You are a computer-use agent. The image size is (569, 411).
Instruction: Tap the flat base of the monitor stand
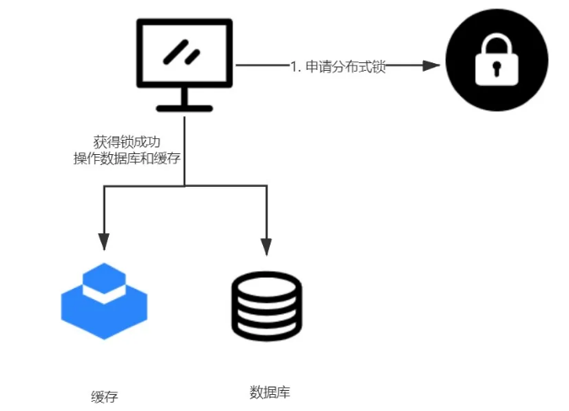pyautogui.click(x=184, y=108)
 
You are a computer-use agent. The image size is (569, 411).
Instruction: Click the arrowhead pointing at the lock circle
pyautogui.click(x=431, y=65)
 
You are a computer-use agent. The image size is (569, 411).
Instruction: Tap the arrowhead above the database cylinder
pyautogui.click(x=266, y=246)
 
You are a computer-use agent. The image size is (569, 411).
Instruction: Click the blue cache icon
pyautogui.click(x=104, y=305)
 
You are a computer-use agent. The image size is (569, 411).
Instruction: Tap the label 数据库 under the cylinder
pyautogui.click(x=270, y=392)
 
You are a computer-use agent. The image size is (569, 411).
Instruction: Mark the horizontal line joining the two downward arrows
pyautogui.click(x=185, y=186)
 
